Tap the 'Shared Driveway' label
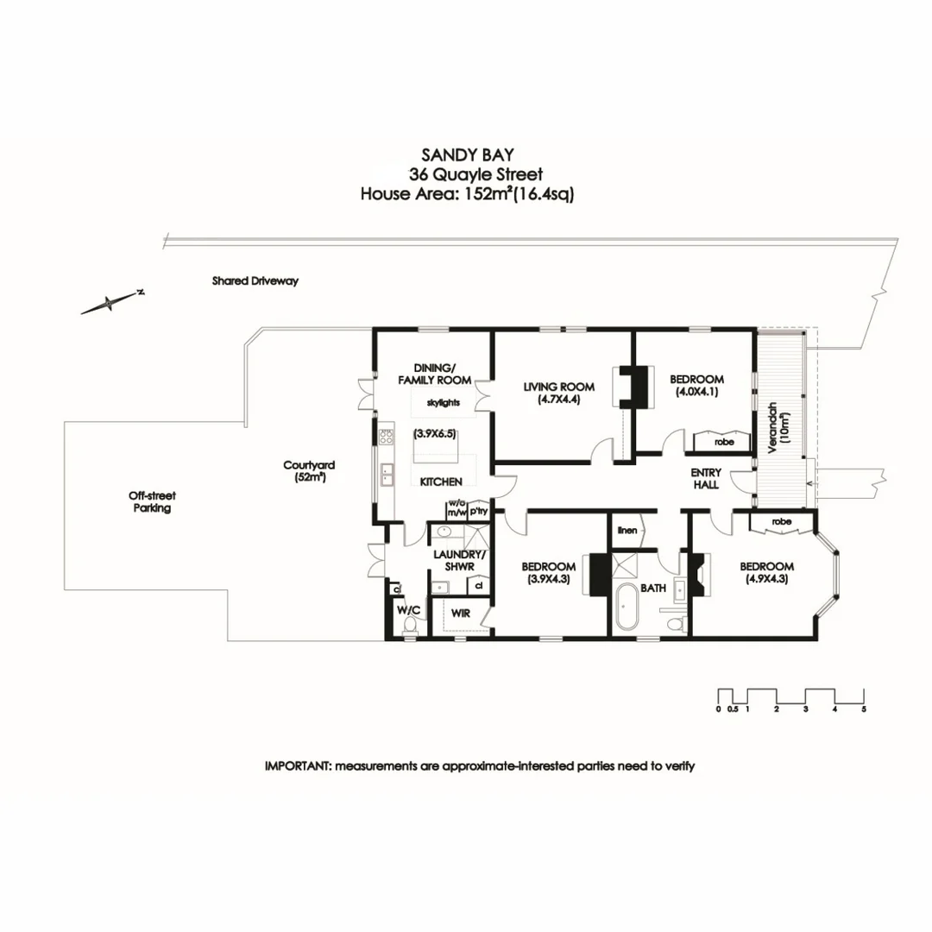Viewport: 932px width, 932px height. click(255, 281)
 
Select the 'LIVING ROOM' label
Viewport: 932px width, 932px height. click(559, 387)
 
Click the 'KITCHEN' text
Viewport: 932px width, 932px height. click(441, 482)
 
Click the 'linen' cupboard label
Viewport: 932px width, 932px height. click(628, 530)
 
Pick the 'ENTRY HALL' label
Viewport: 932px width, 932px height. click(705, 480)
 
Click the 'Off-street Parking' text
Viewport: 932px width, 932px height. click(151, 502)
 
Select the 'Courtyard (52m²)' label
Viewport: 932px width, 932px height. click(309, 470)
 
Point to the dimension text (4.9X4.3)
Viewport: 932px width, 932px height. click(767, 580)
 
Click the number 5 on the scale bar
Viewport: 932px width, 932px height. click(864, 709)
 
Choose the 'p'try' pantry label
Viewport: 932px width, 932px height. click(479, 511)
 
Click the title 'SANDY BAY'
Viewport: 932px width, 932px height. click(467, 155)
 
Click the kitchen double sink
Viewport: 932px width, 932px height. click(387, 473)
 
